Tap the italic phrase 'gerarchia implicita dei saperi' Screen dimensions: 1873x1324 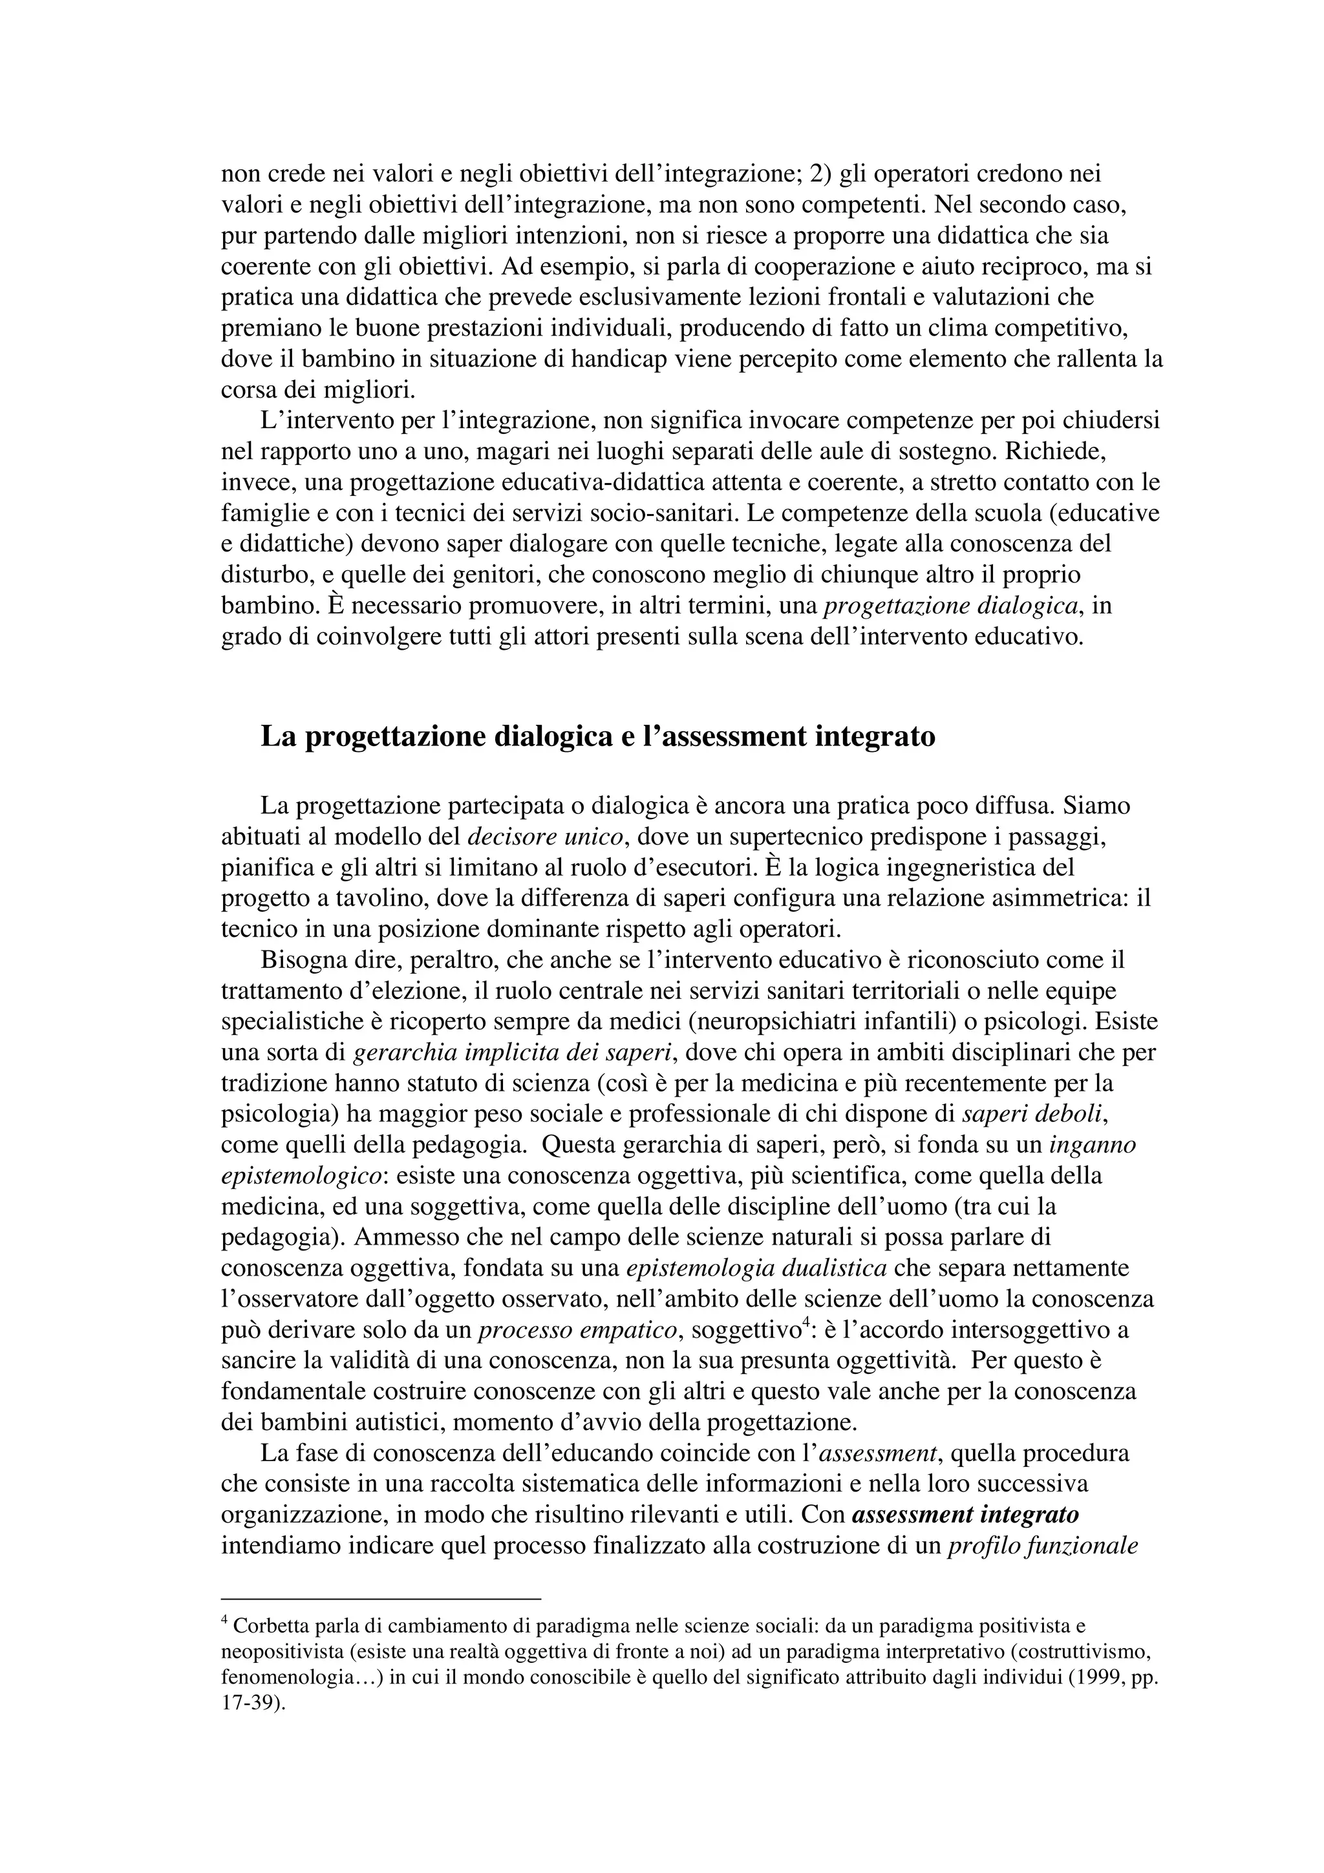coord(512,1053)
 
